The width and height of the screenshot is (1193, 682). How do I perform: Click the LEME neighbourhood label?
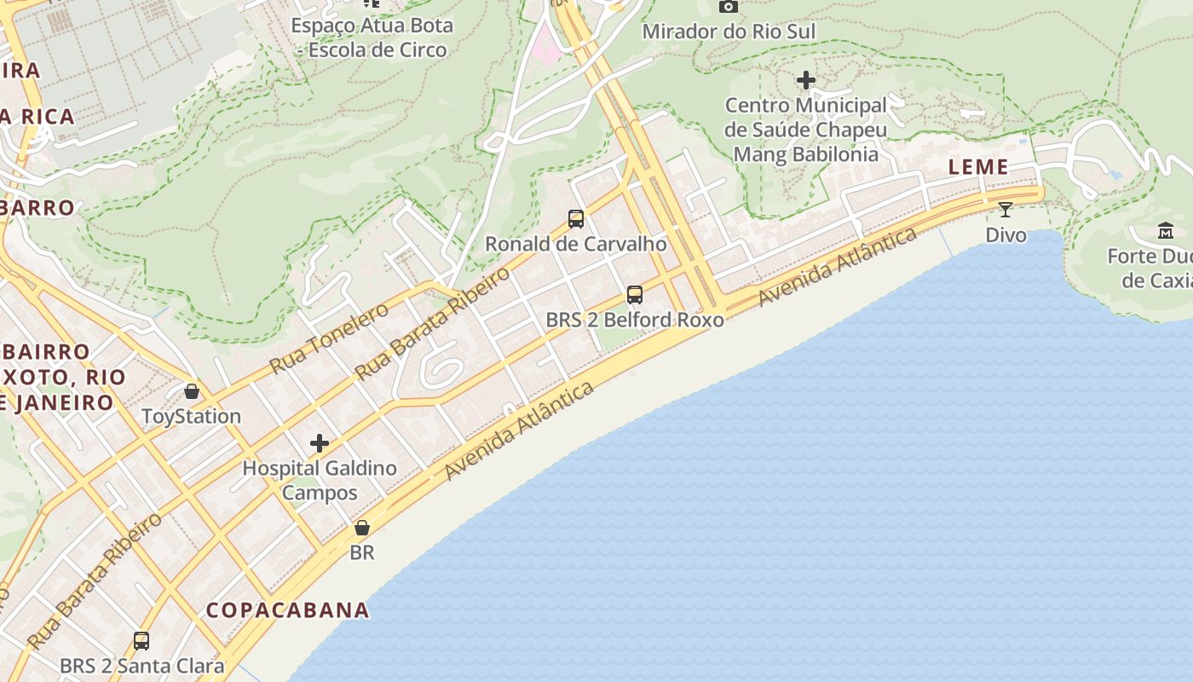coord(978,167)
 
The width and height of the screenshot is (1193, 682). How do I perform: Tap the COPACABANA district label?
coord(288,610)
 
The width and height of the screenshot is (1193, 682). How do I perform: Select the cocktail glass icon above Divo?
coord(1006,210)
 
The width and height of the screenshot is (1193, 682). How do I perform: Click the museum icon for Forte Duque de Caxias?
coord(1166,230)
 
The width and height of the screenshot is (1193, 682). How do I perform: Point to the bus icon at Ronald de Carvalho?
coord(576,219)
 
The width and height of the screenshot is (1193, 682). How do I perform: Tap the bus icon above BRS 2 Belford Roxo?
coord(635,295)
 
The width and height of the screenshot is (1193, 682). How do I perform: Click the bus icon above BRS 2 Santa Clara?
coord(141,640)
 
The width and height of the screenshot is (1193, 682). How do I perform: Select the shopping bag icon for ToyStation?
coord(192,391)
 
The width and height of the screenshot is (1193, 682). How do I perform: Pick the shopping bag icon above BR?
coord(362,528)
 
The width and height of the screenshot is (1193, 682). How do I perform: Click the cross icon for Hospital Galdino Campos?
coord(320,443)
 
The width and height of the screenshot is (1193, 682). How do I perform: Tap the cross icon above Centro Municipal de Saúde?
coord(806,80)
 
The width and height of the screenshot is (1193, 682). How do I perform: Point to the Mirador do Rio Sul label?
coord(729,32)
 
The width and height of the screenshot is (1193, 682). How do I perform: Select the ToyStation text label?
coord(191,416)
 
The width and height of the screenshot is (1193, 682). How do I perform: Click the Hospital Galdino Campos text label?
coord(320,480)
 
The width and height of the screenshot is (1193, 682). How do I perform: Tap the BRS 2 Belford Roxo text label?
coord(635,321)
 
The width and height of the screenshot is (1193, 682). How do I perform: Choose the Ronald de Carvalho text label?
coord(576,245)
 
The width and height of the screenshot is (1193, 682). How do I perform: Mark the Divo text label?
coord(1006,234)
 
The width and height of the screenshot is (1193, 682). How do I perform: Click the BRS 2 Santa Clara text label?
coord(141,666)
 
